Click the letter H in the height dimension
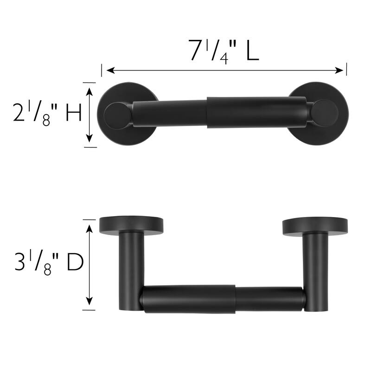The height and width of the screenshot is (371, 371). (73, 112)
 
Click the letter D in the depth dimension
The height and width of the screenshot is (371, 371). (74, 262)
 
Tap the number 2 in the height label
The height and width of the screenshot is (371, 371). (19, 112)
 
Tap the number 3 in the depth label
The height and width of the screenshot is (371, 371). (20, 262)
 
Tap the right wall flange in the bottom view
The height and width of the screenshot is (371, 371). (314, 225)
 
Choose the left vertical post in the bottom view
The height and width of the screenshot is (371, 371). (132, 264)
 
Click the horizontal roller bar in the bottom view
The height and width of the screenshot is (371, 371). (223, 299)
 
